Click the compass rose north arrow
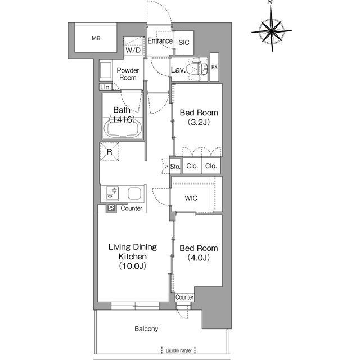click(272, 29)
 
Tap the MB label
click(96, 38)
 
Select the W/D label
click(133, 50)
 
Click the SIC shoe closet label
click(184, 43)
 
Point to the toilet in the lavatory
click(196, 69)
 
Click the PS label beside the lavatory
click(214, 67)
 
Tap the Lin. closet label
click(105, 87)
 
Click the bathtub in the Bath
click(123, 129)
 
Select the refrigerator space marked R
click(109, 151)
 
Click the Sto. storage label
click(175, 166)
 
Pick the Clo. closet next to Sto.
click(192, 166)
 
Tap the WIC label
click(191, 198)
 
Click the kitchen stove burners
click(112, 193)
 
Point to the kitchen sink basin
click(134, 193)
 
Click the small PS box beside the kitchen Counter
click(111, 208)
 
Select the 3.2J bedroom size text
click(199, 123)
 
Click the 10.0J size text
click(133, 266)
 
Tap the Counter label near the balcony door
click(184, 298)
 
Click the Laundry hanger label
click(179, 350)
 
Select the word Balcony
click(146, 329)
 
